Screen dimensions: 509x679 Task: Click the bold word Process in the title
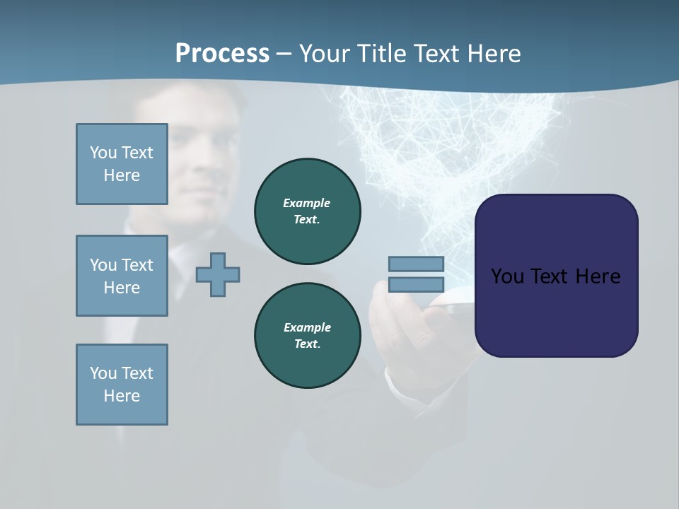tap(222, 53)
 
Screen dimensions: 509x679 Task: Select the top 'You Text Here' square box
tap(122, 164)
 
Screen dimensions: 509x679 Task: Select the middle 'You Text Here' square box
tap(122, 276)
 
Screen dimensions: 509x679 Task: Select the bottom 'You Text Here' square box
tap(122, 385)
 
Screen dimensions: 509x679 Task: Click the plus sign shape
tap(218, 274)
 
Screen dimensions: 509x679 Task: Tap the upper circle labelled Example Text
tap(307, 211)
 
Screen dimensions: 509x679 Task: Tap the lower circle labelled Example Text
tap(307, 336)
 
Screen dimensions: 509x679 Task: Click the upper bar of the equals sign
tap(416, 264)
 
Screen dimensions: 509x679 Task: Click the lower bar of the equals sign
tap(416, 285)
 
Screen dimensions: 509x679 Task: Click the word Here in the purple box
tap(598, 276)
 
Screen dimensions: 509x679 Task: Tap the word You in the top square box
tap(103, 153)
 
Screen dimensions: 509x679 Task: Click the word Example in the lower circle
tap(307, 327)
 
